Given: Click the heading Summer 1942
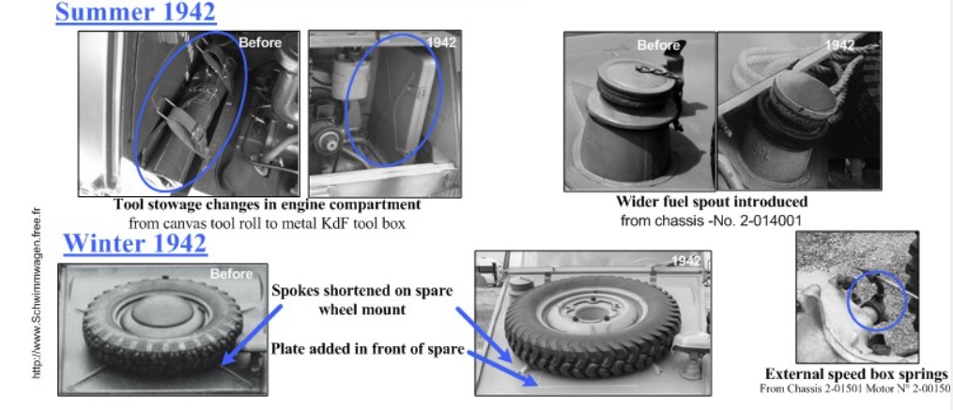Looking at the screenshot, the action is (x=135, y=12).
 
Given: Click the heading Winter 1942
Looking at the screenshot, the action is (x=135, y=244).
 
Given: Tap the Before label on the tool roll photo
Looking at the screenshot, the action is (x=260, y=42).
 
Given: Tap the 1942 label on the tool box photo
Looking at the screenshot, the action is (x=442, y=42).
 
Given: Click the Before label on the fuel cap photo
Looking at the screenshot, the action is (x=658, y=46).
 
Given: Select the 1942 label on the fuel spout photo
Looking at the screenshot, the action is (x=839, y=45).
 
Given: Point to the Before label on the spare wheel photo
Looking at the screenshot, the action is (x=232, y=274).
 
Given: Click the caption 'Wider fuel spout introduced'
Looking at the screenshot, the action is (x=712, y=202).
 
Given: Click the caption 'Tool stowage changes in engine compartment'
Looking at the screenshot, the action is (x=267, y=205).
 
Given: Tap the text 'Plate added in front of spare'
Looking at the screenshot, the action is (x=368, y=349).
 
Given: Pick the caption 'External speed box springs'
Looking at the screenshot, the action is (x=856, y=373).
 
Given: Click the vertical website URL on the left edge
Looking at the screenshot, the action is (x=38, y=292).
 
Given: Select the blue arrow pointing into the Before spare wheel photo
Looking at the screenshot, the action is (x=253, y=335).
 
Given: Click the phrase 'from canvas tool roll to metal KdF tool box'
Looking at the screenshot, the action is (x=267, y=223).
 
